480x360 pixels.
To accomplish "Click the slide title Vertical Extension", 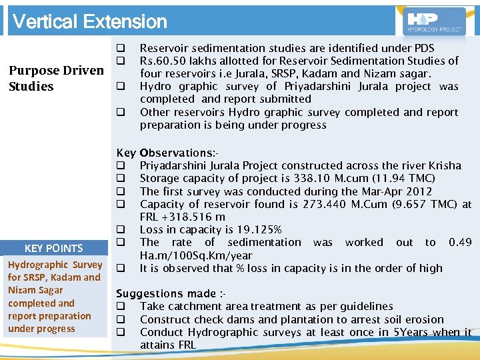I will tap(90, 21).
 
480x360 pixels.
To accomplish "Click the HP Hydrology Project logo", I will tap(435, 21).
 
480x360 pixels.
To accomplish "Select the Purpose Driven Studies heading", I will tap(55, 78).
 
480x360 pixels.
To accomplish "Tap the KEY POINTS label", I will tap(53, 248).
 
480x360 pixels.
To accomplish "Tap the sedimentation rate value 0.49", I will tap(460, 242).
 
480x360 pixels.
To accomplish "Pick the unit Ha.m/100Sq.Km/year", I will tap(196, 255).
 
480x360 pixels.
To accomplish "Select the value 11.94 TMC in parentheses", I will tap(403, 178).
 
